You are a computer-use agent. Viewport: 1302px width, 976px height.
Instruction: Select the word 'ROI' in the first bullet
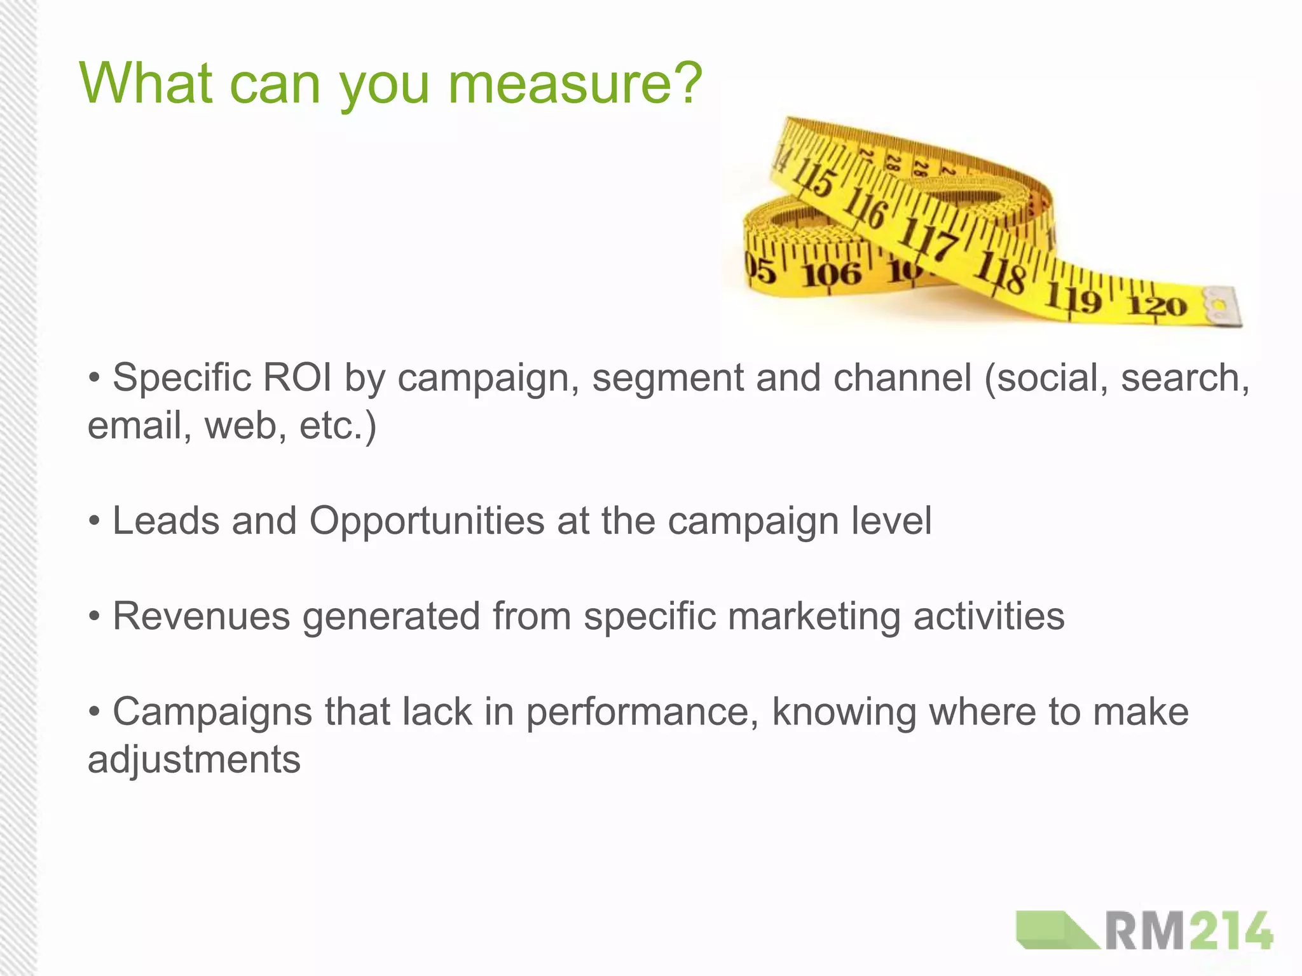pos(297,377)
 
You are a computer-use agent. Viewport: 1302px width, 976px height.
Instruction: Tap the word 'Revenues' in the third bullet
pos(201,616)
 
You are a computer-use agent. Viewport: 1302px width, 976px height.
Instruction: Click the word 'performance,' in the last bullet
pos(642,713)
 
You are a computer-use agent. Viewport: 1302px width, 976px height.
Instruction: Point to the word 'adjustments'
pos(194,760)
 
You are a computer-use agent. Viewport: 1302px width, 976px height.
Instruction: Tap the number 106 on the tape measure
pos(831,274)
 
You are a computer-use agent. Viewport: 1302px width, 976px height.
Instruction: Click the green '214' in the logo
pos(1230,932)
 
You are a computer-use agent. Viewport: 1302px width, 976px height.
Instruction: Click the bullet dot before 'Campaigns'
pos(95,712)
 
